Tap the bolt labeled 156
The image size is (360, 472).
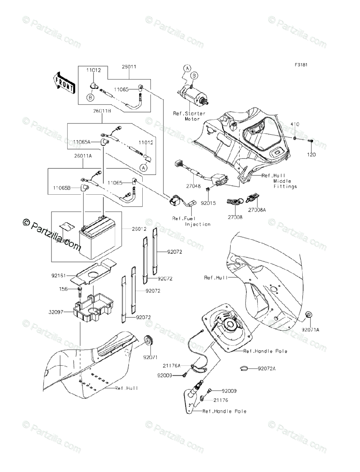coord(81,291)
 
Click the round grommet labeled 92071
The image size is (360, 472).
coord(149,340)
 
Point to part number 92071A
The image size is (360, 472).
coord(310,330)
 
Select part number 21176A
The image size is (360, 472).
coord(173,365)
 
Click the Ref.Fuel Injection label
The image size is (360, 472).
coord(191,221)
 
